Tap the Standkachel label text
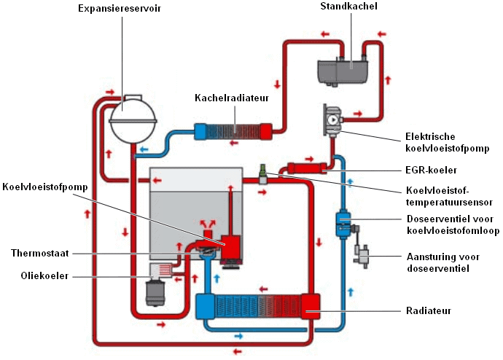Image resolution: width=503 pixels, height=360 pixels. coord(348,6)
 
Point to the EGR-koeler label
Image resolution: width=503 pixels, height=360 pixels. coord(432,171)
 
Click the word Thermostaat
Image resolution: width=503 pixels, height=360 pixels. coord(40,253)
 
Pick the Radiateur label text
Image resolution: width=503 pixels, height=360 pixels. coord(429,310)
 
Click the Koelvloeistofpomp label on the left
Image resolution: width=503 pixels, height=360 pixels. coord(44,187)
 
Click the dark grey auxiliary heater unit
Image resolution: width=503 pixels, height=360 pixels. coord(346,70)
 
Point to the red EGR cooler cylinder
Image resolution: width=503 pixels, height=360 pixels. coord(304,168)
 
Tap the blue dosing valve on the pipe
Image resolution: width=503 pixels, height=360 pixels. coord(342,222)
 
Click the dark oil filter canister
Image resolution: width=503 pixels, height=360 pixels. coord(156,293)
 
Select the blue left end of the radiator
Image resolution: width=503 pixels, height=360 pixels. coord(206,306)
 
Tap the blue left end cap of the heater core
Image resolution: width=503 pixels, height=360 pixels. coord(200,131)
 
